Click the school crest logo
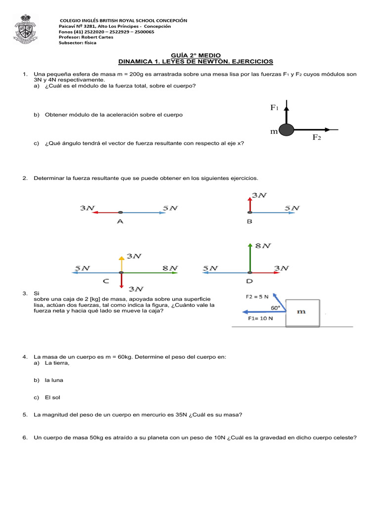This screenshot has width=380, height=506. click(26, 29)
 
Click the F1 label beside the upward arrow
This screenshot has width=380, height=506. click(274, 107)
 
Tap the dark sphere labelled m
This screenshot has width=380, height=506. click(286, 130)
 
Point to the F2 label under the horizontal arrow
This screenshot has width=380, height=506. click(317, 137)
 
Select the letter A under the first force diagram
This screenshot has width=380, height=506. click(120, 221)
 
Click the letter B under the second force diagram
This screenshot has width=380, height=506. click(249, 221)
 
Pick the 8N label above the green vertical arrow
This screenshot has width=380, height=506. click(263, 246)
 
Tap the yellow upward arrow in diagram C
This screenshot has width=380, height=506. click(122, 264)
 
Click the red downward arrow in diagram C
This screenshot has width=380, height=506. click(122, 281)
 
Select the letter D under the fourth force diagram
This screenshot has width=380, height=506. click(249, 281)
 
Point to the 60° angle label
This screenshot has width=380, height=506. click(275, 308)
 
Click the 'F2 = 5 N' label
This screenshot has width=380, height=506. click(257, 296)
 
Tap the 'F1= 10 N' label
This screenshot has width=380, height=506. click(260, 318)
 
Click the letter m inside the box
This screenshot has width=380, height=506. click(301, 311)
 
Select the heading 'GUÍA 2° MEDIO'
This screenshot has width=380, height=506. click(196, 55)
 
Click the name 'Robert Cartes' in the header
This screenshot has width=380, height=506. click(97, 37)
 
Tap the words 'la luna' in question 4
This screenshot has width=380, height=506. click(54, 380)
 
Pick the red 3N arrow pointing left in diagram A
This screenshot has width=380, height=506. click(106, 212)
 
